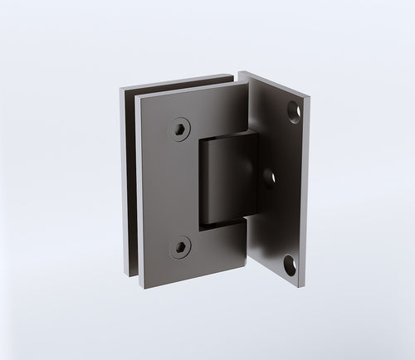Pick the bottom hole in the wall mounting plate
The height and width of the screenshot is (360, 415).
(x=290, y=265)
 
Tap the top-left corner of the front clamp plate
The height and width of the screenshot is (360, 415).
(x=139, y=95)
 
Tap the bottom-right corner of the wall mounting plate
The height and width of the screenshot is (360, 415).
(x=307, y=280)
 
